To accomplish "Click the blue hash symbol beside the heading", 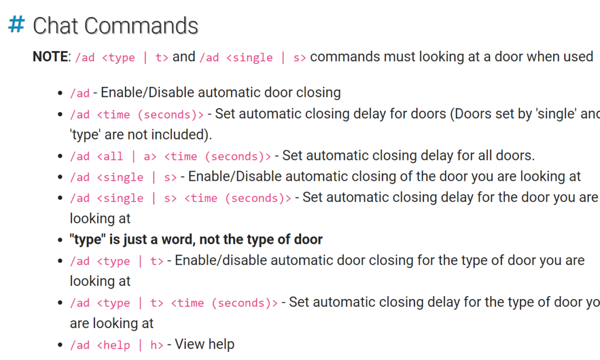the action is click(x=17, y=25).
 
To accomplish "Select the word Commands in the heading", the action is click(x=141, y=26).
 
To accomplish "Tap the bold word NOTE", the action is click(x=51, y=57).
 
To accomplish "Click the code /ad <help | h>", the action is click(x=117, y=345).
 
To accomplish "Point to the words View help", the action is click(x=204, y=345).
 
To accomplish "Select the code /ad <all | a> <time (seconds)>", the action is click(x=170, y=156).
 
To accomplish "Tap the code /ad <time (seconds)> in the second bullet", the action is click(x=137, y=114).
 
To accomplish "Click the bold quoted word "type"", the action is click(x=87, y=239).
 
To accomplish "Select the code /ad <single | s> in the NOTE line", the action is click(x=253, y=58).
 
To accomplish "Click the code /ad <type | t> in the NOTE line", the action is click(x=122, y=58).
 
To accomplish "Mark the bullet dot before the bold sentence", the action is click(x=60, y=240).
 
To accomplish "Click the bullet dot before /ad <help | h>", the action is click(x=60, y=345).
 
